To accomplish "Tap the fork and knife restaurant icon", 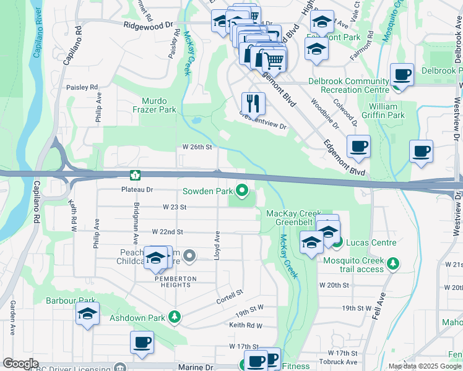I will pos(253,103).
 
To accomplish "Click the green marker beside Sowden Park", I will pos(242,190).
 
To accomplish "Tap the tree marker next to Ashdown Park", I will pos(176,317).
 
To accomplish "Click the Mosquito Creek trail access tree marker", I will pos(392,265).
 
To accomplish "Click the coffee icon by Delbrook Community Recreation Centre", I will pos(402,75).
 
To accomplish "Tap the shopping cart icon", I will pos(273,61).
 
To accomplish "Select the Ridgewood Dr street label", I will pos(148,26).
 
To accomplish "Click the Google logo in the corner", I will pos(20,364).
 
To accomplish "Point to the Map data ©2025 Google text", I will pos(425,366).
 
